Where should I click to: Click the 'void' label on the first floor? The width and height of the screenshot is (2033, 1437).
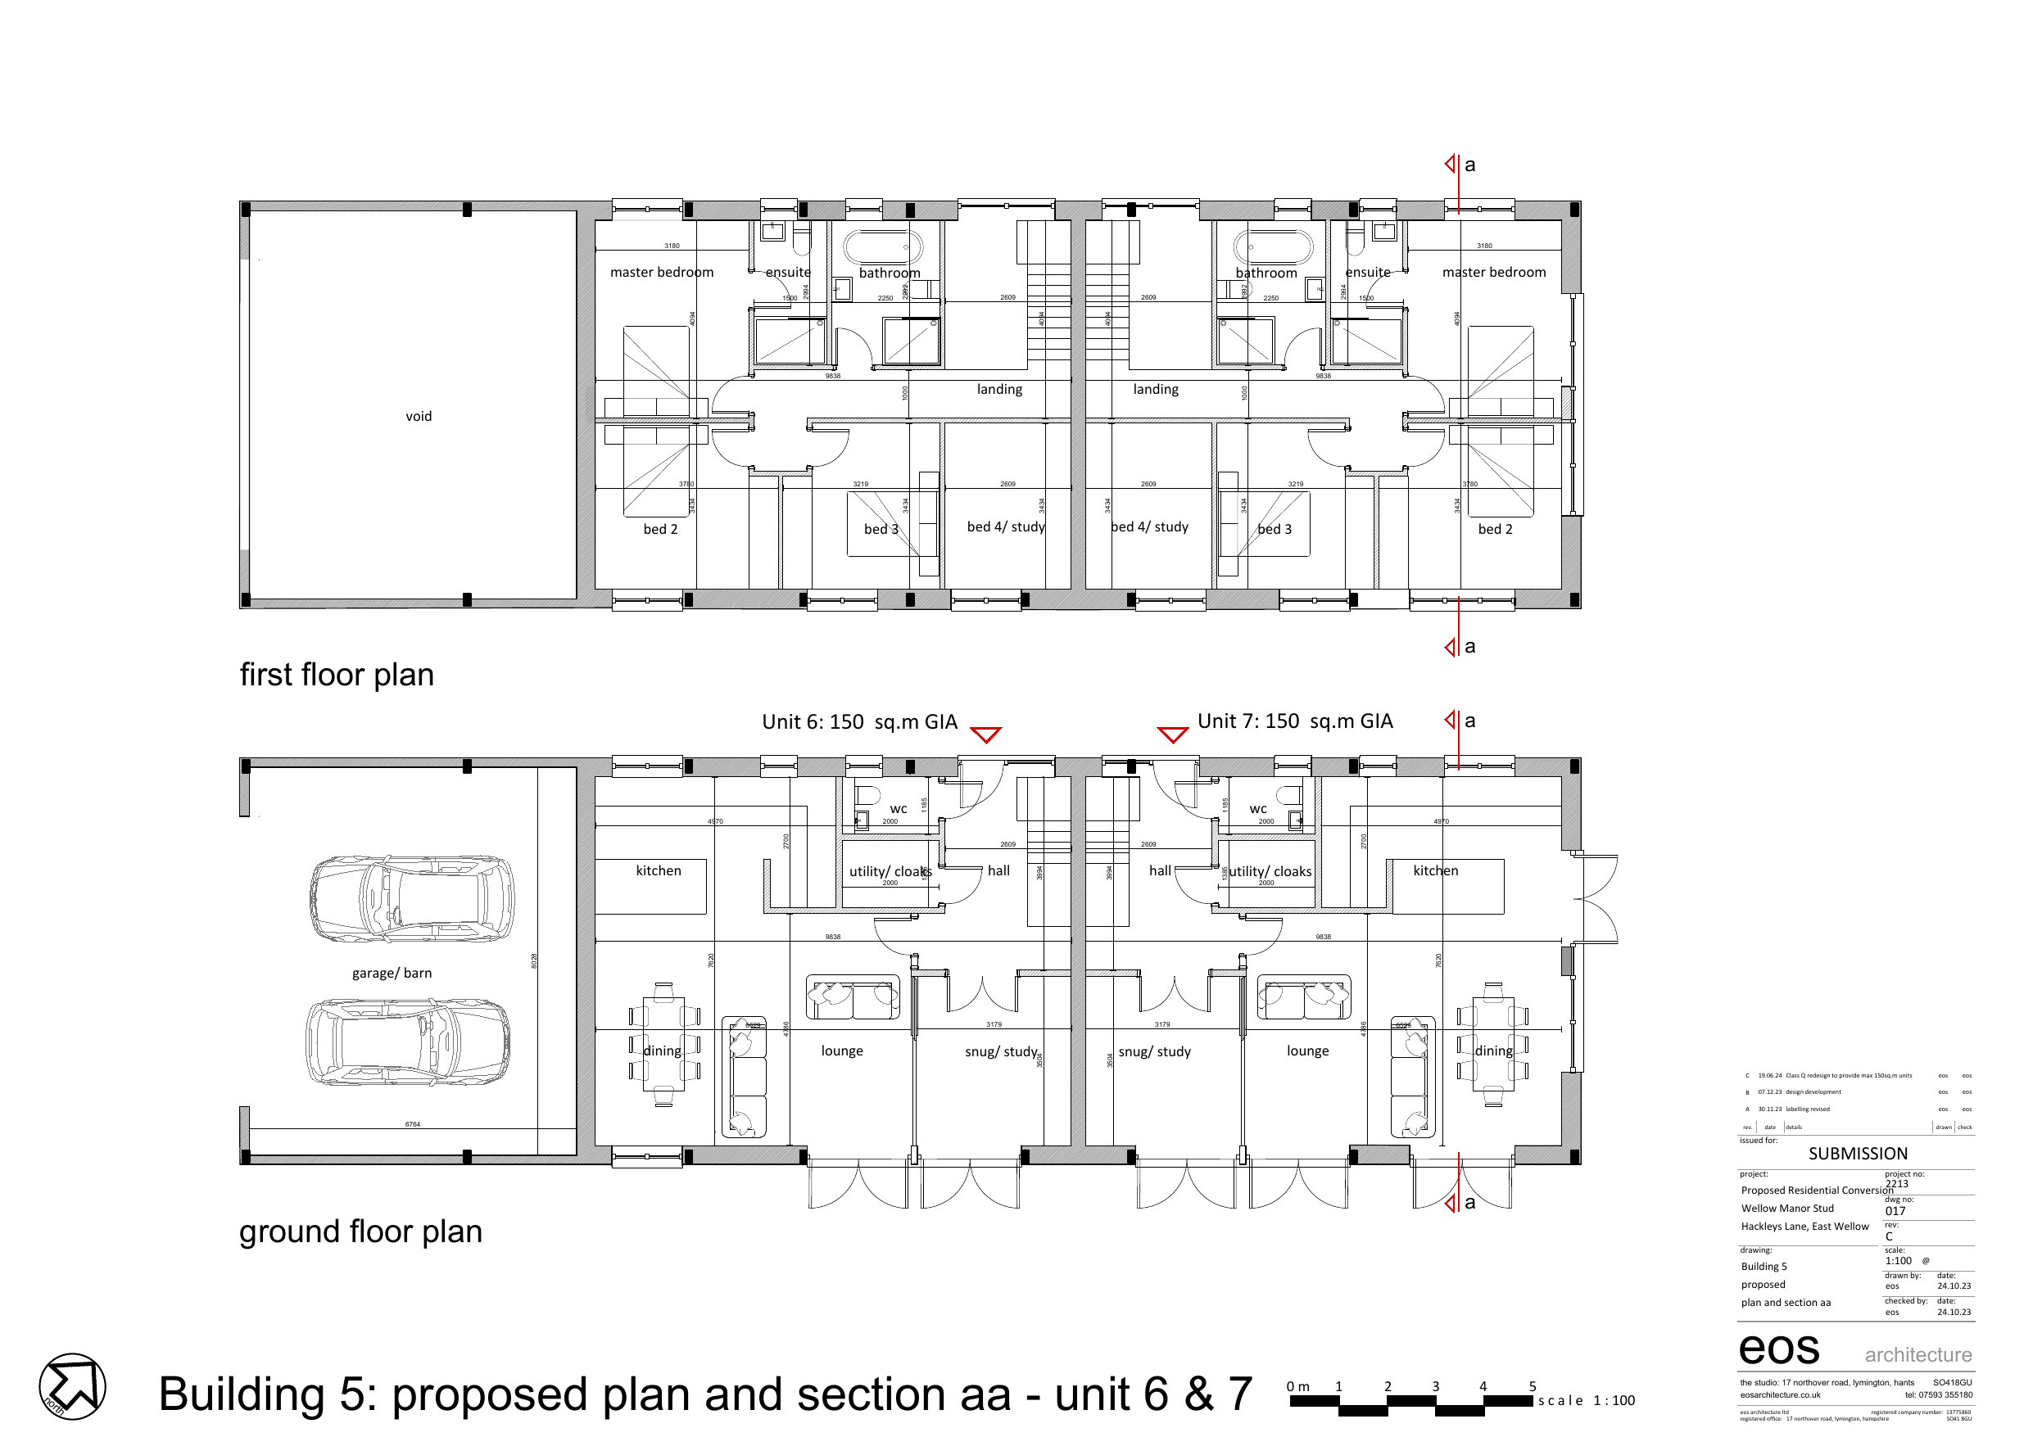[x=418, y=416]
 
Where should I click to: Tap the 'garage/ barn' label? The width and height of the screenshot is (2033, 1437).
[x=392, y=973]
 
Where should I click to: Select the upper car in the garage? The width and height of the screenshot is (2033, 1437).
[x=411, y=900]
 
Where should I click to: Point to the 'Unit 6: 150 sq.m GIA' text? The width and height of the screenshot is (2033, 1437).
[x=859, y=721]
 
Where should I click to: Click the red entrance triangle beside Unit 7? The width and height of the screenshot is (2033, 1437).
[x=1172, y=735]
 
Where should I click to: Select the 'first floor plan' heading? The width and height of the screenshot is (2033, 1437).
[x=337, y=675]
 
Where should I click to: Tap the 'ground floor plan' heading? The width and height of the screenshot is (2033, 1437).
[x=360, y=1231]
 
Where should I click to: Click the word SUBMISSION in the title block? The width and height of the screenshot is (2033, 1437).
[x=1857, y=1154]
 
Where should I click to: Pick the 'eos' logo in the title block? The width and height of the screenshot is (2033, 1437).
[x=1778, y=1349]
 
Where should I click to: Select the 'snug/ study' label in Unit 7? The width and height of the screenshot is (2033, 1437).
[x=1154, y=1052]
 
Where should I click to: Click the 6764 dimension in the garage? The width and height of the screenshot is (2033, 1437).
[x=413, y=1124]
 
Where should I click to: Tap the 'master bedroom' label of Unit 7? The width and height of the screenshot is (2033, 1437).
[x=1493, y=273]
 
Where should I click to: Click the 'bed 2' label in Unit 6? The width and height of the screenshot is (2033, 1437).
[x=659, y=530]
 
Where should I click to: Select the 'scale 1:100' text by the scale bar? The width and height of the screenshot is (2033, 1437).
[x=1586, y=1401]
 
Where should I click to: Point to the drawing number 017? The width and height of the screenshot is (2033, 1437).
[x=1895, y=1211]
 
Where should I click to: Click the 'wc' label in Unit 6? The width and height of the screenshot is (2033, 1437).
[x=898, y=808]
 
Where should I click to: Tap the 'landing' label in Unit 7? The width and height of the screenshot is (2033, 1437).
[x=1155, y=390]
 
